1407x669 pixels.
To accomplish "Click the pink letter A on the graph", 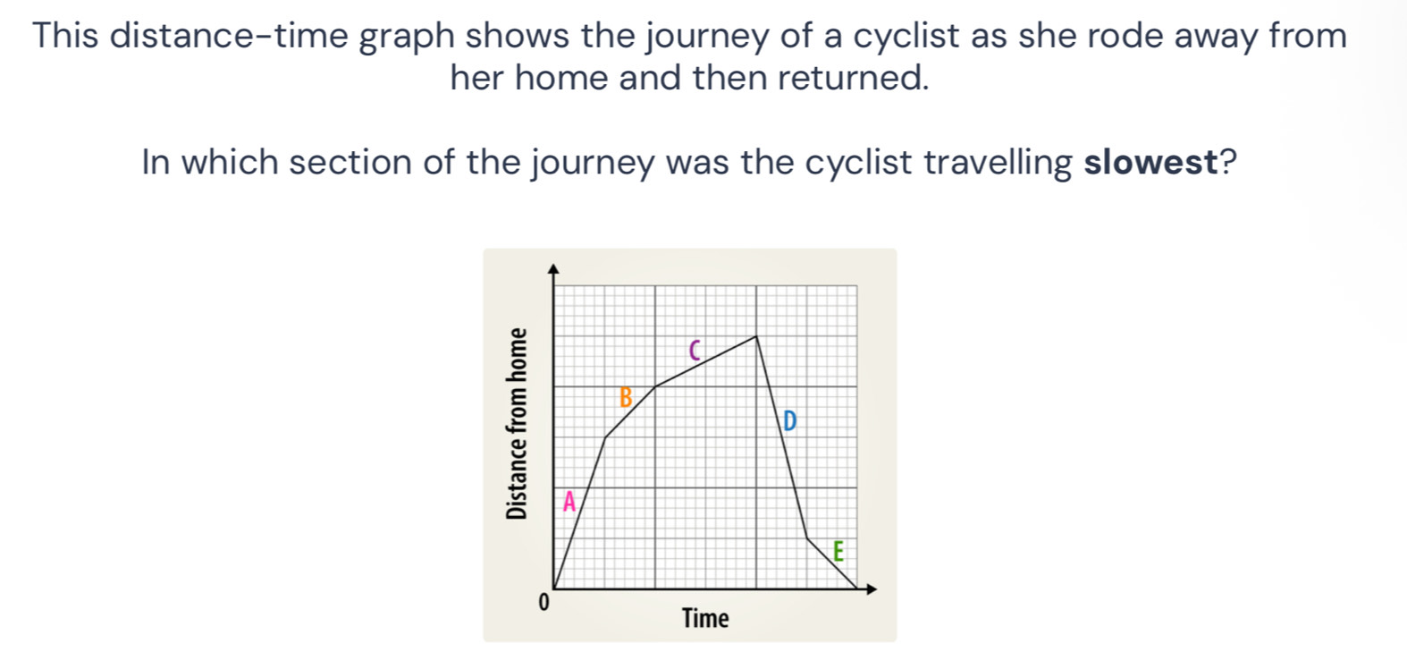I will pyautogui.click(x=568, y=502).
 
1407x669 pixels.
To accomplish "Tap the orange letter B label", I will pyautogui.click(x=626, y=397).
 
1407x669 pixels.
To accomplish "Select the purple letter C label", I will pyautogui.click(x=694, y=351).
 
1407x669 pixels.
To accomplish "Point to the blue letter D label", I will pyautogui.click(x=788, y=420).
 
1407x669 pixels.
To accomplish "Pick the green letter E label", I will pyautogui.click(x=838, y=551).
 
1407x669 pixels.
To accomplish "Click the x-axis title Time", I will pyautogui.click(x=705, y=618).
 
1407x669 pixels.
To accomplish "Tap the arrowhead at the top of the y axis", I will pyautogui.click(x=553, y=268).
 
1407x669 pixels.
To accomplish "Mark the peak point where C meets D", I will pyautogui.click(x=756, y=336).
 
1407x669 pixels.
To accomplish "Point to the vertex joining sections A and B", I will pyautogui.click(x=605, y=438).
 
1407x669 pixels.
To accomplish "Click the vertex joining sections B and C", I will pyautogui.click(x=655, y=387).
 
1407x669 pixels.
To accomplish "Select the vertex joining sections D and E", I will pyautogui.click(x=807, y=539).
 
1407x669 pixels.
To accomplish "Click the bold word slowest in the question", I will pyautogui.click(x=1151, y=163).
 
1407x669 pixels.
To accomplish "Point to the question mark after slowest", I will pyautogui.click(x=1229, y=163).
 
